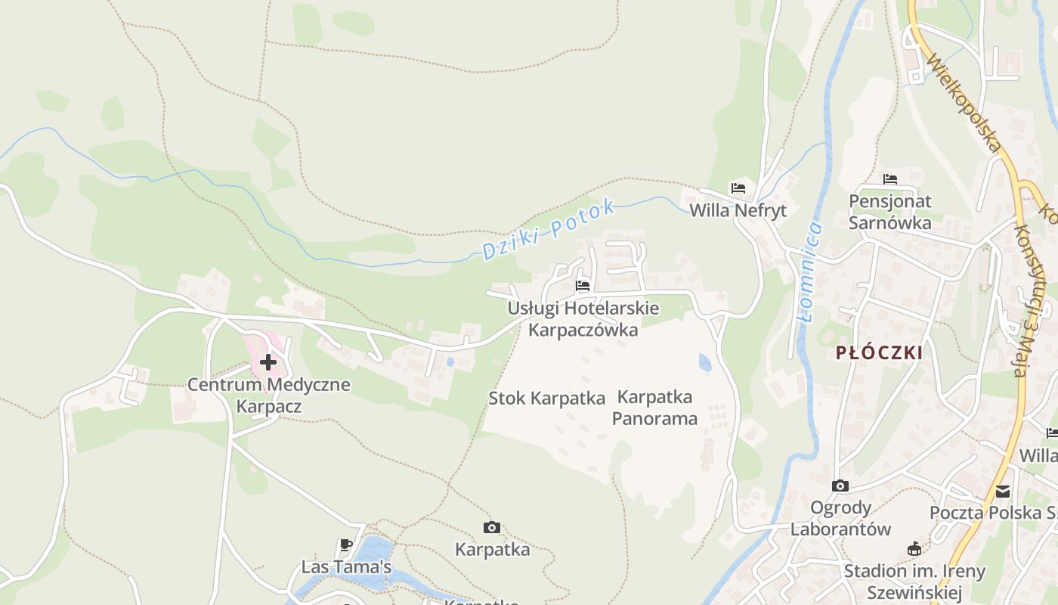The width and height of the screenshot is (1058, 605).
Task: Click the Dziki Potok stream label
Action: [x=549, y=230]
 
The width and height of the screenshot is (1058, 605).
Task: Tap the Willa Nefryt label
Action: [x=738, y=210]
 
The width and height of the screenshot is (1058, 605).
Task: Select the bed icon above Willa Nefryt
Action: [x=738, y=188]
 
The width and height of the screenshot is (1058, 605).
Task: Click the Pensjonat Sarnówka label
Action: [x=890, y=212]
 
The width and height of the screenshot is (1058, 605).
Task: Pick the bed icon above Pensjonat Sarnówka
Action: [x=890, y=179]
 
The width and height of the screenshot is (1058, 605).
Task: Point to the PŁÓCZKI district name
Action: [x=880, y=352]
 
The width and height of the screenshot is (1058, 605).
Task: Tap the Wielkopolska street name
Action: [x=964, y=103]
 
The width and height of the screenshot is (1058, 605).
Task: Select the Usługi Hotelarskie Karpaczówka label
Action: [x=583, y=319]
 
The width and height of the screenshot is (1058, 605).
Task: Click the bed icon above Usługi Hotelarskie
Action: [x=583, y=285]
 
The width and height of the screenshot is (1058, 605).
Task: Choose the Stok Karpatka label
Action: [x=547, y=398]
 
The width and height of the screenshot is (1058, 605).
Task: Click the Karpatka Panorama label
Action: [x=654, y=407]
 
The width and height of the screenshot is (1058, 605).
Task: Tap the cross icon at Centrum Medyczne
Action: [x=268, y=362]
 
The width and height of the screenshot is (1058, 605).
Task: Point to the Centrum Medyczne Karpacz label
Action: [x=268, y=395]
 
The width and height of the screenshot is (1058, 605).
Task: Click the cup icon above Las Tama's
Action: [x=345, y=544]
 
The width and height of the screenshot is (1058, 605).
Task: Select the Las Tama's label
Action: [x=346, y=566]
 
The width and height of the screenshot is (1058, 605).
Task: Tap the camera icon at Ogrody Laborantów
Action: [x=840, y=486]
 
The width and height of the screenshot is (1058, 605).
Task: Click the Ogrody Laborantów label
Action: [x=840, y=518]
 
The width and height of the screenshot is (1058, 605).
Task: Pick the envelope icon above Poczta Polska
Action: [x=1003, y=492]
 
